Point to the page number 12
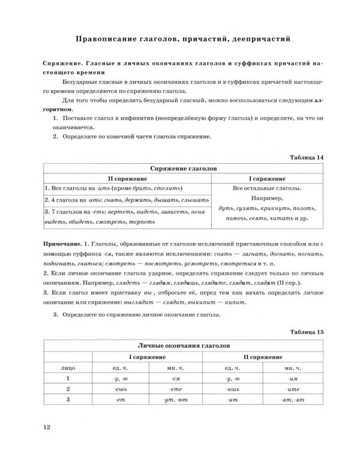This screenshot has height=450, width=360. [x=47, y=427]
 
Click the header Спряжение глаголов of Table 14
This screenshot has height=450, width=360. [x=179, y=170]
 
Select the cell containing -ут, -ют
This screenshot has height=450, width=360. [x=170, y=400]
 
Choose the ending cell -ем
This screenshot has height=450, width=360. [x=170, y=379]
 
